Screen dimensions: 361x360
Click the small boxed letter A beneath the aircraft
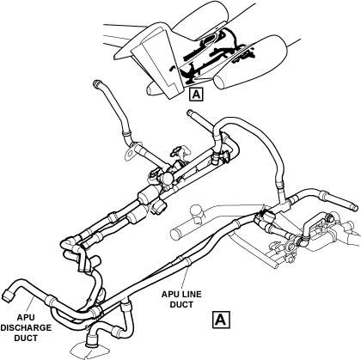coord(196,94)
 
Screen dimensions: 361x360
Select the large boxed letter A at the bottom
coord(221,319)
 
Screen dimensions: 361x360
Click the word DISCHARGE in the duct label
coord(26,327)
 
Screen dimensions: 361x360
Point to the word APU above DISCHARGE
coord(26,317)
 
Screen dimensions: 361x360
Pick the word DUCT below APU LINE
coord(181,304)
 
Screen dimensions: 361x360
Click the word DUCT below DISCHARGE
coord(26,338)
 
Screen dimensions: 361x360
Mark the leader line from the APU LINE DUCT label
coord(185,276)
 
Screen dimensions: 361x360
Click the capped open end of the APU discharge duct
coord(8,296)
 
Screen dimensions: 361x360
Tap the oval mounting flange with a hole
coord(130,151)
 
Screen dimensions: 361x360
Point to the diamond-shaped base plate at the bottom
coord(89,351)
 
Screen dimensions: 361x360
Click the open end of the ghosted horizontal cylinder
coord(174,235)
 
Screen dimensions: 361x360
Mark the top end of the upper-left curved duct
coord(96,84)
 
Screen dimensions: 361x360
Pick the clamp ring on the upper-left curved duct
coord(126,132)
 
